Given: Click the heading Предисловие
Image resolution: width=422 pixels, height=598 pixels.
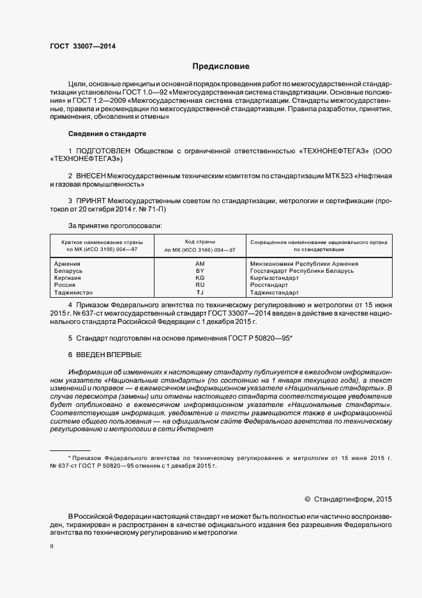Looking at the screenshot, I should pos(221,66).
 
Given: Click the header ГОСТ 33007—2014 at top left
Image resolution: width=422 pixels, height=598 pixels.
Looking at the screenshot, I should pos(82,46).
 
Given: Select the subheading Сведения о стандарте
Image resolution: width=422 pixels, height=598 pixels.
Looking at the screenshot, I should pos(107,134).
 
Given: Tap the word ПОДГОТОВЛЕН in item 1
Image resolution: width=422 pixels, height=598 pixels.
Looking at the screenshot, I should pos(105,151).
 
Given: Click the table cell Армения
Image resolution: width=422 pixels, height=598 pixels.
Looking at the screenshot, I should pos(67,264).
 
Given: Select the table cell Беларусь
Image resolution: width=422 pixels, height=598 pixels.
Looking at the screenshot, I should pos(69,271).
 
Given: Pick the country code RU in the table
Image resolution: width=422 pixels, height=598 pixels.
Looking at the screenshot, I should pos(200,286).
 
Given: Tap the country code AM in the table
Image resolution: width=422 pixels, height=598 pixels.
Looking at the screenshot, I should pos(200,264).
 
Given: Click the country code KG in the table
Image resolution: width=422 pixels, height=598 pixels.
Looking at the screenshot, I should pos(200,279).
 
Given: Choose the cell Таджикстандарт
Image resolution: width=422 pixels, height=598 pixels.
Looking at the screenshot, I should pos(275,293).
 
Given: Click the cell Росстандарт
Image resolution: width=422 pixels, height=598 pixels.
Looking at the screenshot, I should pos(269,286).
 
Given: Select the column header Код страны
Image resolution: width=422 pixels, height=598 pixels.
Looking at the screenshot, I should pos(200,242).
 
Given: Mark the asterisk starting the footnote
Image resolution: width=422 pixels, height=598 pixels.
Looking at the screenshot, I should pos(69,458).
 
